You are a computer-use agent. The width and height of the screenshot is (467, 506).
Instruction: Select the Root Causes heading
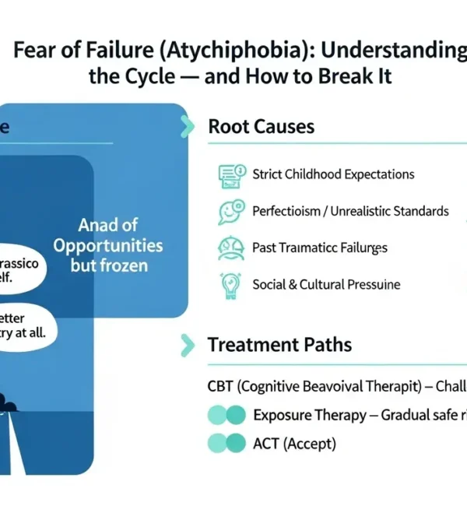coord(262,127)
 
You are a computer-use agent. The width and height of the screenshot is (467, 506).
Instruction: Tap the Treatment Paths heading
coord(279,344)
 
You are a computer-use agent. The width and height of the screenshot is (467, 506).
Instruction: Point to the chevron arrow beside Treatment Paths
coord(186,344)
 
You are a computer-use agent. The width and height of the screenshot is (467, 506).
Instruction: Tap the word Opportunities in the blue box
coord(108,245)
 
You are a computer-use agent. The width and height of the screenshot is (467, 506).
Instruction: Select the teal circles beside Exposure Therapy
coord(226,416)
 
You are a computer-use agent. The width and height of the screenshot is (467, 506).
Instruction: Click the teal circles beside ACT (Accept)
coord(226,444)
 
